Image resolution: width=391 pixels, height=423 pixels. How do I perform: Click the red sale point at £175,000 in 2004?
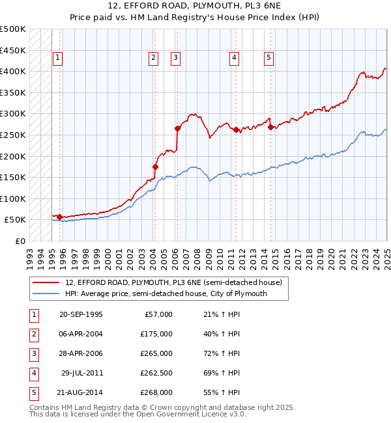pyautogui.click(x=155, y=167)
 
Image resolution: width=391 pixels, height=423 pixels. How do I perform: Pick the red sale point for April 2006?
pyautogui.click(x=178, y=128)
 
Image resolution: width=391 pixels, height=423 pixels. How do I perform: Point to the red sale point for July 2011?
pyautogui.click(x=236, y=130)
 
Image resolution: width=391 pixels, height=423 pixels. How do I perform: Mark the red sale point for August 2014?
pyautogui.click(x=270, y=127)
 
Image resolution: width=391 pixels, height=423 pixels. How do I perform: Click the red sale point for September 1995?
pyautogui.click(x=59, y=217)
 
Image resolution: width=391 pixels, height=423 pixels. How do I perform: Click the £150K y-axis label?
pyautogui.click(x=13, y=177)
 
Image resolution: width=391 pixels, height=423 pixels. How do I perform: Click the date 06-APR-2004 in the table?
pyautogui.click(x=81, y=334)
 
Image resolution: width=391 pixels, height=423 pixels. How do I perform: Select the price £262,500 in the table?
pyautogui.click(x=156, y=373)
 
